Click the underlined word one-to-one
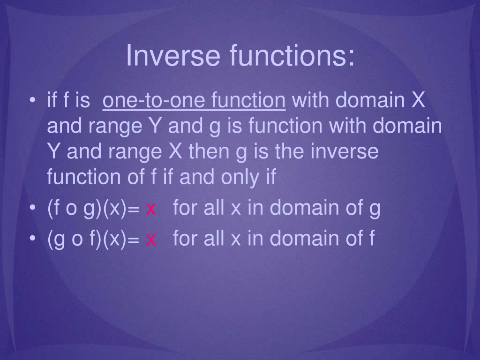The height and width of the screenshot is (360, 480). [x=154, y=100]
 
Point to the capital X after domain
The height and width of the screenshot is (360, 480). [x=418, y=100]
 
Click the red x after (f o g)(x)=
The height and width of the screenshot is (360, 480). [x=150, y=210]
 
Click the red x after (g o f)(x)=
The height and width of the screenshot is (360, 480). [x=150, y=240]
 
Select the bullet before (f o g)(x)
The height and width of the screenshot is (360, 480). [x=32, y=208]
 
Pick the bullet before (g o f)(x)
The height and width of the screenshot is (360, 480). [x=32, y=239]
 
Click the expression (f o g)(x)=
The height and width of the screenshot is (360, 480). [x=93, y=208]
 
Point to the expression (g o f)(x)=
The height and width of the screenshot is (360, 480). [x=93, y=239]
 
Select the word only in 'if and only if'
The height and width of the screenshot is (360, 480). [x=241, y=178]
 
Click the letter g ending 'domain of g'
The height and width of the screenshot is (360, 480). [x=375, y=210]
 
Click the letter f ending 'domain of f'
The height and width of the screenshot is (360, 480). [x=372, y=238]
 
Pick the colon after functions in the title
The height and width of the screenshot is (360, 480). [x=351, y=58]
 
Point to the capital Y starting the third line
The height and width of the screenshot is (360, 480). [x=54, y=151]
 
